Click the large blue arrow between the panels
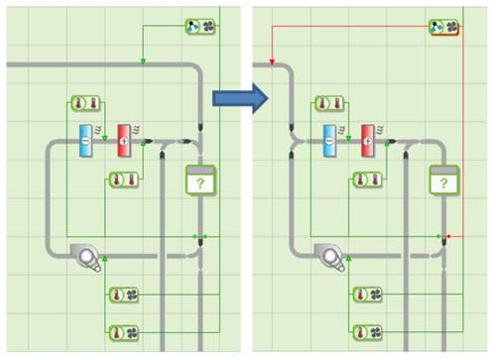240,98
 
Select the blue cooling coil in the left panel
85,141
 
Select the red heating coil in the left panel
124,141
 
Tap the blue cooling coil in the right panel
329,141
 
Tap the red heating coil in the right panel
368,141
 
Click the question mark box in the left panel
200,180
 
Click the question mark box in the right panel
444,180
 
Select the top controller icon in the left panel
200,27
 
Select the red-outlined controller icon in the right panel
444,27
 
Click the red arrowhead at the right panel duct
272,61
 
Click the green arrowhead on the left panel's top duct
143,60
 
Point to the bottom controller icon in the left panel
124,332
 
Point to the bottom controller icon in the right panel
368,332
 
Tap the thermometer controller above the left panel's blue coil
85,103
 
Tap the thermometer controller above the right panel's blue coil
329,103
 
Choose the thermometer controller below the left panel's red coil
124,180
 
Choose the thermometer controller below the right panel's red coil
368,180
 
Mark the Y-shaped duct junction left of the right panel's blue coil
297,142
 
